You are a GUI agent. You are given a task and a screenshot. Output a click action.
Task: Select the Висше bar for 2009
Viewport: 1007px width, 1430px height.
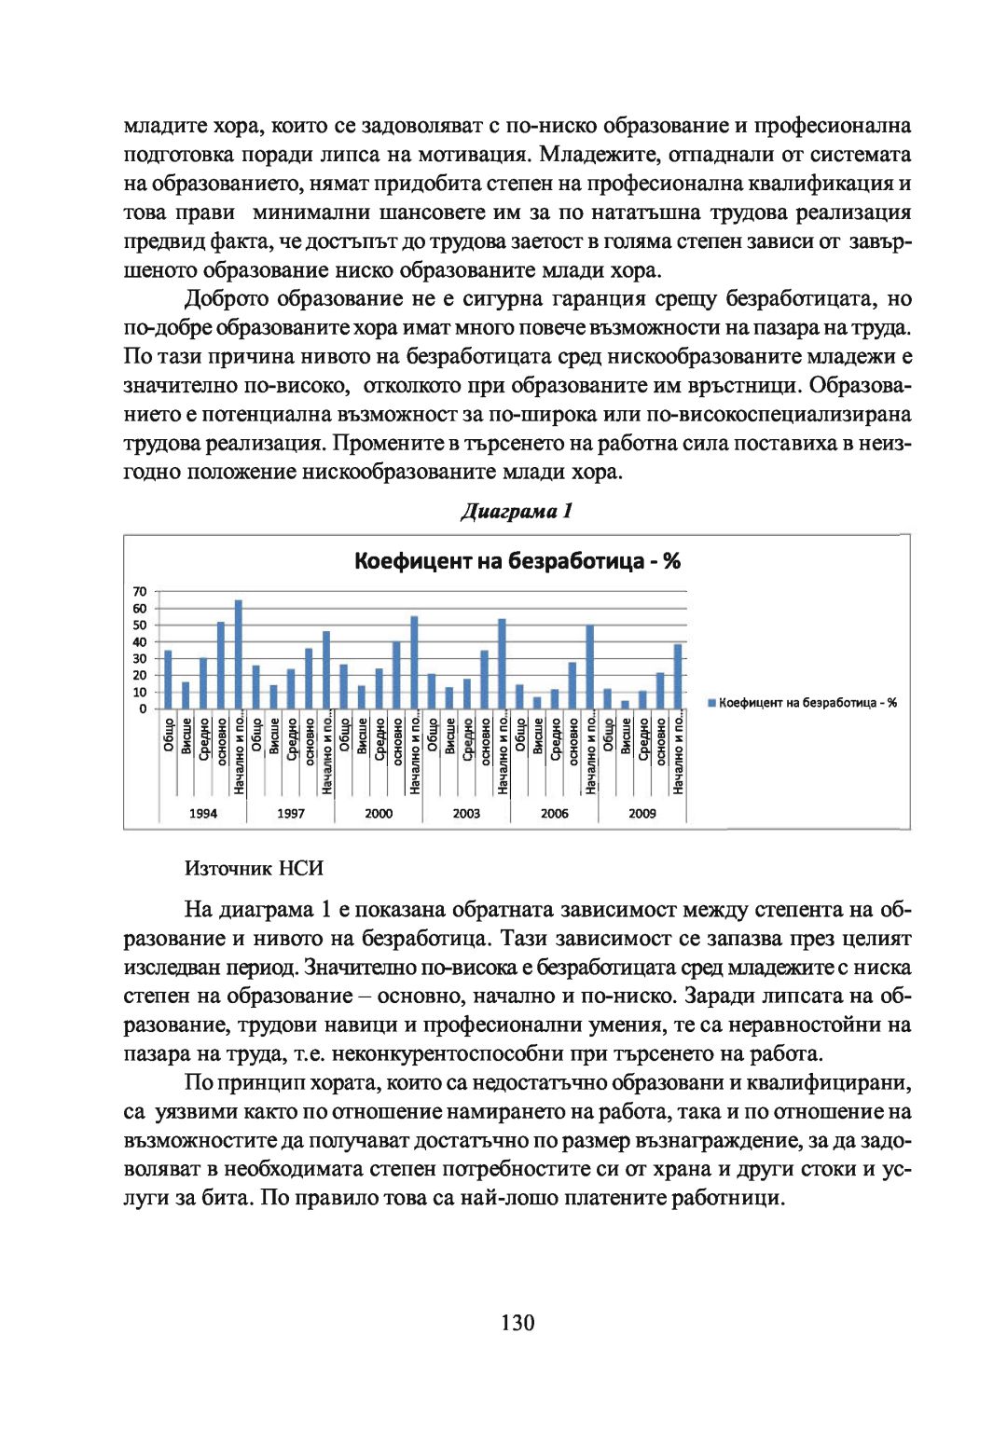[625, 705]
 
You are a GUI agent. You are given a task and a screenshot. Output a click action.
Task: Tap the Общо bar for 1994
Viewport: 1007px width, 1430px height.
[168, 680]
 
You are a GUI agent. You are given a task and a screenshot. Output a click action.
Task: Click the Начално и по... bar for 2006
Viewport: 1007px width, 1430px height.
[589, 667]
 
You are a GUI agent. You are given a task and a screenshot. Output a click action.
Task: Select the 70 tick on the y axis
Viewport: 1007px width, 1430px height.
[140, 591]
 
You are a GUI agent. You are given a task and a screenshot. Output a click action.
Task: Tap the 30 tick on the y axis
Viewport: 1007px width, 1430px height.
[140, 658]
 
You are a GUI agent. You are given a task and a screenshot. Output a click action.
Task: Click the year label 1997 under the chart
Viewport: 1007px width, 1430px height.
[290, 813]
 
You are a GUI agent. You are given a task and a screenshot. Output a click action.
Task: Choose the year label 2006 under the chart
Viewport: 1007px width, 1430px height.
[554, 813]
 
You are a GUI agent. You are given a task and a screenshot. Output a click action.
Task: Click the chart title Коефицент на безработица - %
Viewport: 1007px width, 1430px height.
[517, 561]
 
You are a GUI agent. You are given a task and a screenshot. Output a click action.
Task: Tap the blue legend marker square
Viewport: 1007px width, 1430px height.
[711, 703]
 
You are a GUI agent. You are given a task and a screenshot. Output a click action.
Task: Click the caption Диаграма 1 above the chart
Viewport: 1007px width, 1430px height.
[516, 511]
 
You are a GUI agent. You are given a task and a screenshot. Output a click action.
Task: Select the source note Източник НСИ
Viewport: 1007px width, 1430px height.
[254, 868]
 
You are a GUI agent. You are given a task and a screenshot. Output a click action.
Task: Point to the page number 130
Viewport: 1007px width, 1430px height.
[517, 1322]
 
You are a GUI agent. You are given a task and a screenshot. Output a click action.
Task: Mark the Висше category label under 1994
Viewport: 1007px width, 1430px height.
[186, 736]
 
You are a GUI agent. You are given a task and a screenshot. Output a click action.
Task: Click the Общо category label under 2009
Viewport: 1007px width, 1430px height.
[608, 736]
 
